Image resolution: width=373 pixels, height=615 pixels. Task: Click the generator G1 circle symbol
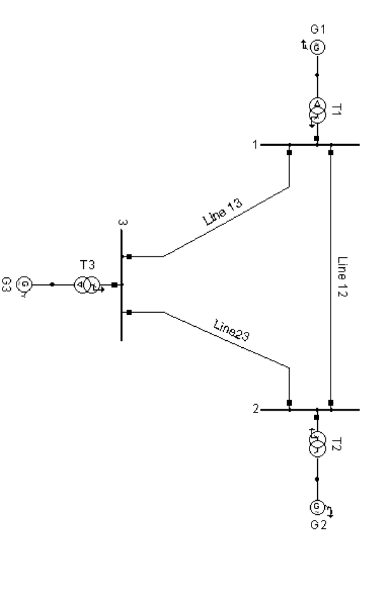[317, 47]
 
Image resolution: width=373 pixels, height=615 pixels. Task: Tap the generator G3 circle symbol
[24, 285]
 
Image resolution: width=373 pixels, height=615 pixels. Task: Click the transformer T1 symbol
[317, 109]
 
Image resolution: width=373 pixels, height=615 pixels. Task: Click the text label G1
[318, 29]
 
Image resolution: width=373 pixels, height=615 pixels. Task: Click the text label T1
[337, 109]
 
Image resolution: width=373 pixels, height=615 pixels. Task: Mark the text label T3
[87, 264]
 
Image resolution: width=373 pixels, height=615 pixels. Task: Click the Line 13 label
[219, 213]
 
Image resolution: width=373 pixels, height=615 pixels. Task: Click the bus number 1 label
[255, 145]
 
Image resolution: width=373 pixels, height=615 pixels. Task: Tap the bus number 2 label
[256, 409]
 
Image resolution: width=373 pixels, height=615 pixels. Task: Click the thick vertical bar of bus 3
[121, 285]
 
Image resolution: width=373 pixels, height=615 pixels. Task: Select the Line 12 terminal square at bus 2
[330, 402]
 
